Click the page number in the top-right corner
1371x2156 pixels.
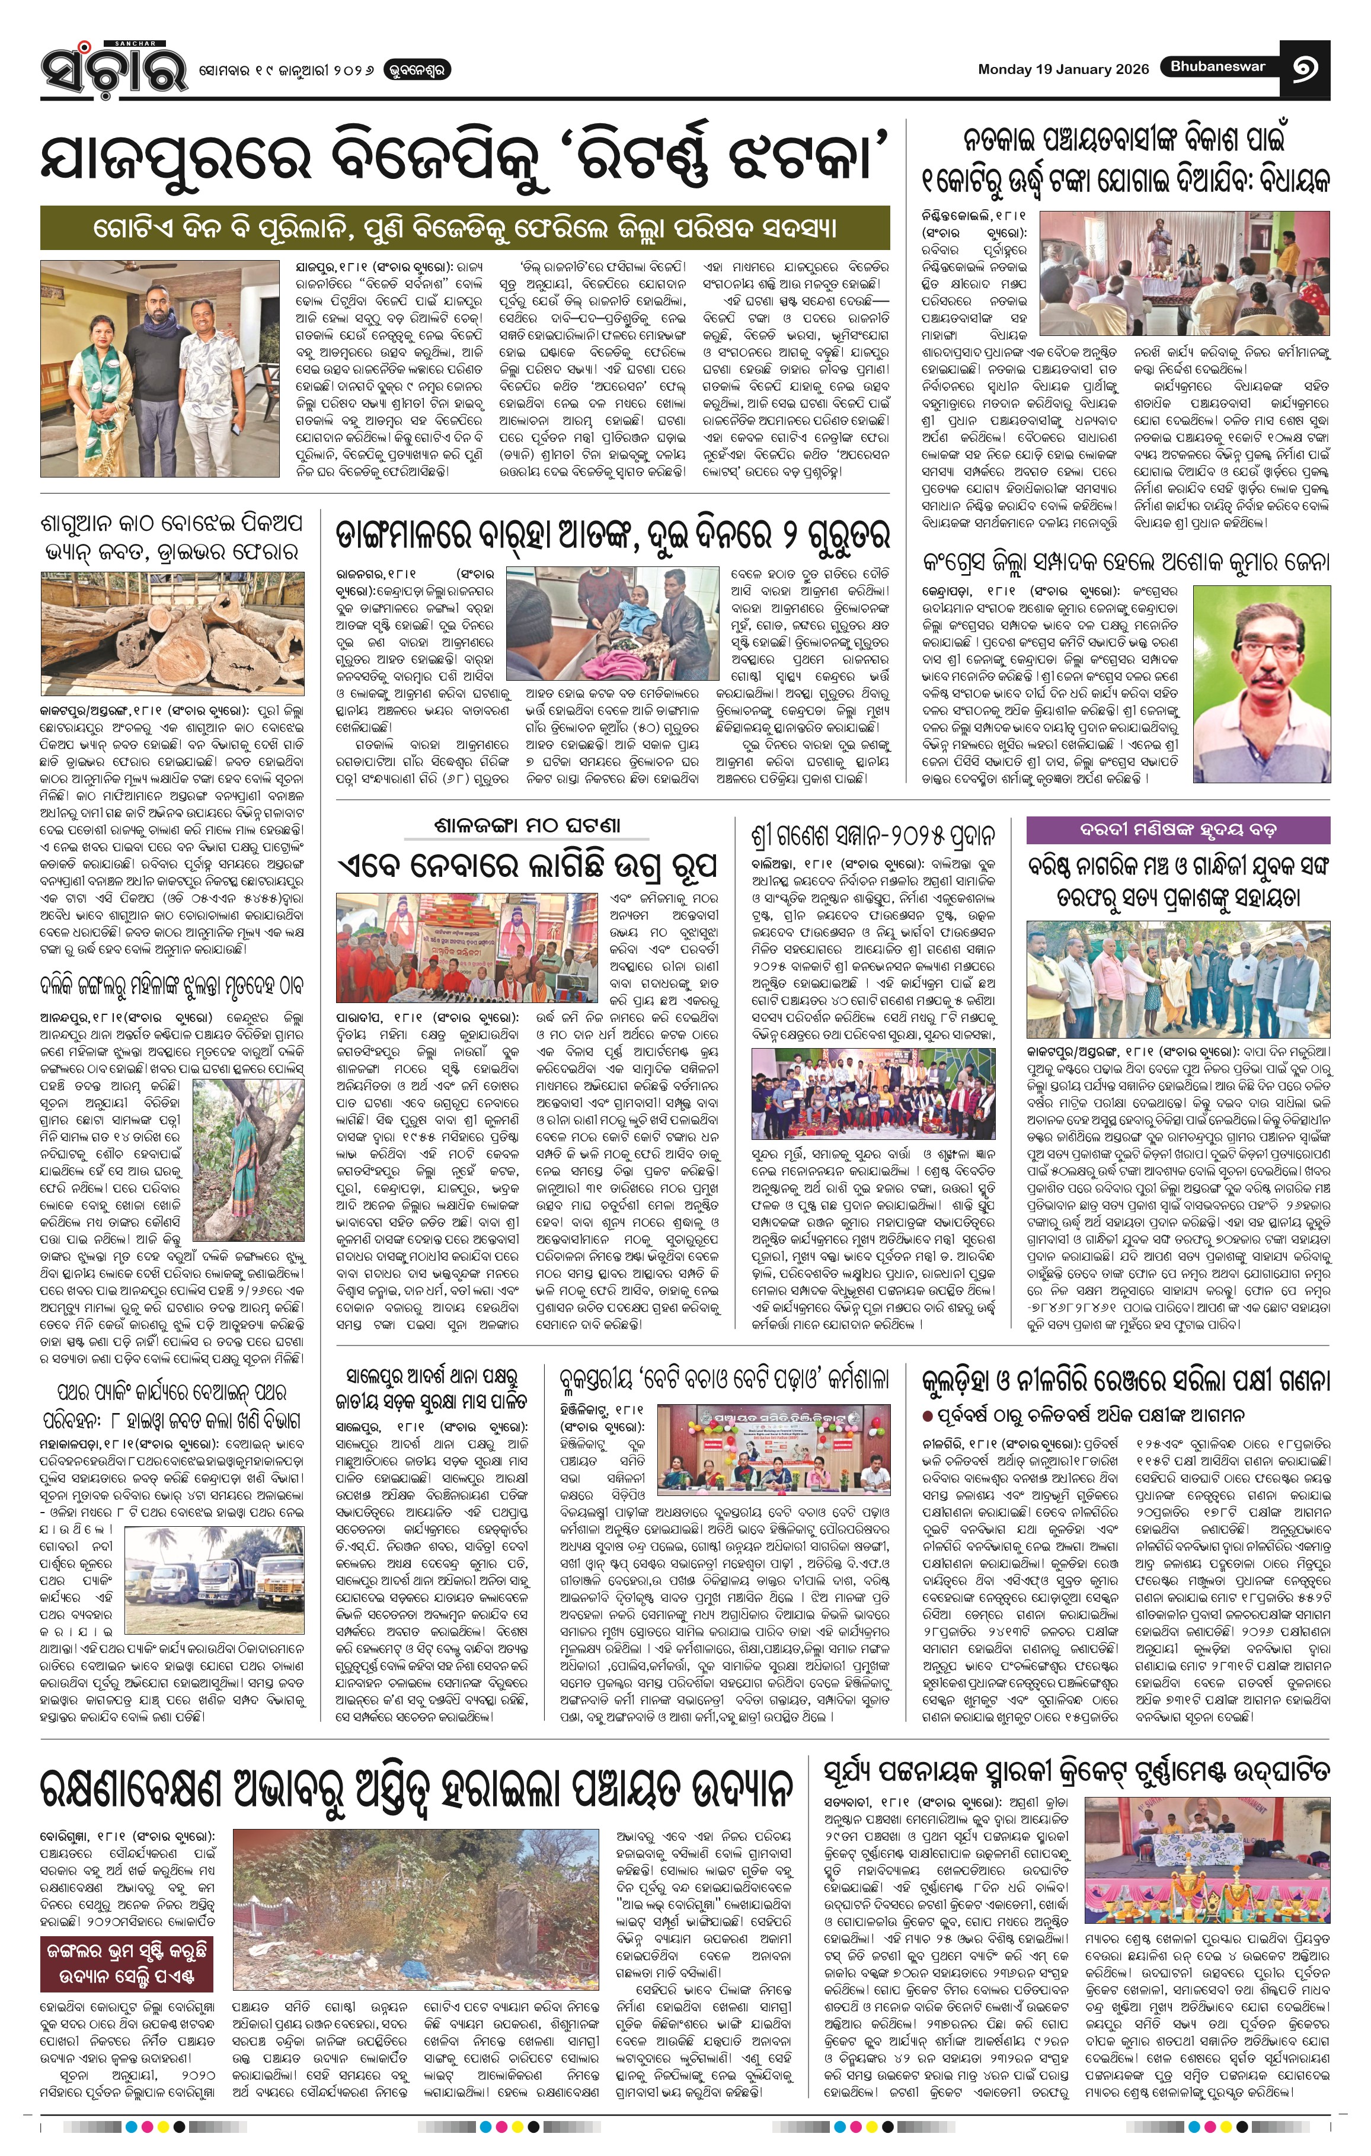tap(1305, 68)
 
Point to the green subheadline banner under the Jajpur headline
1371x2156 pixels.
tap(465, 228)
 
